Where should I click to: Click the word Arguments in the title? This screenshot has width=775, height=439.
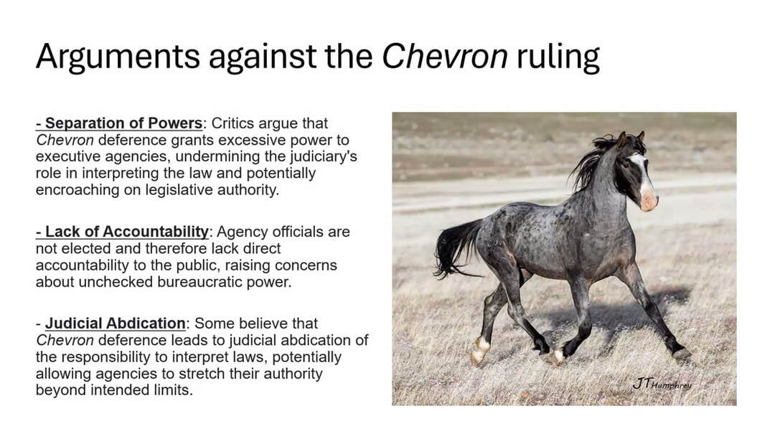point(118,57)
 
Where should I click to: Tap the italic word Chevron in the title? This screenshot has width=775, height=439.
point(445,55)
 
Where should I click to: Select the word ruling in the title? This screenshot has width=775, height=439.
point(558,57)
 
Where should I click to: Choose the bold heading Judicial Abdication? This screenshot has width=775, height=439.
point(115,324)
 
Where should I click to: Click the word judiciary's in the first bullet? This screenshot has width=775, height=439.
point(316,156)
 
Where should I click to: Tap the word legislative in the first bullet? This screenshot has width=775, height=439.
point(179,190)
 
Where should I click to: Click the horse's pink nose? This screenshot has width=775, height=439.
point(649,200)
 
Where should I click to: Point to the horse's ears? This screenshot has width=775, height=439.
point(630,138)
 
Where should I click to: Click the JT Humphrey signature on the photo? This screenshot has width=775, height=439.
point(662,384)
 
